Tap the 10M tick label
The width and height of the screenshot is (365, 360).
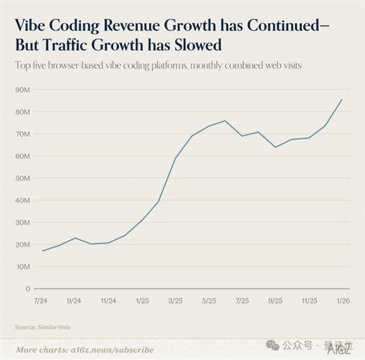24,266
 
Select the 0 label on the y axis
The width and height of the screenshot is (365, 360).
27,288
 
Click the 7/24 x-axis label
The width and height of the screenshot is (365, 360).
42,300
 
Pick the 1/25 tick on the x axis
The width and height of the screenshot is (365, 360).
142,300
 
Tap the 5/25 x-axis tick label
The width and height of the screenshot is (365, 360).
209,300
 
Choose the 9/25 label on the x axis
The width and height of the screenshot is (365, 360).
276,300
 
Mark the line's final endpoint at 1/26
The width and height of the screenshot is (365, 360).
342,100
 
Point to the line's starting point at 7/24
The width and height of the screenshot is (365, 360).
42,251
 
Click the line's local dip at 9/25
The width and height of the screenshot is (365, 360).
276,147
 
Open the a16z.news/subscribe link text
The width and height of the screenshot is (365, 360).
111,350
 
